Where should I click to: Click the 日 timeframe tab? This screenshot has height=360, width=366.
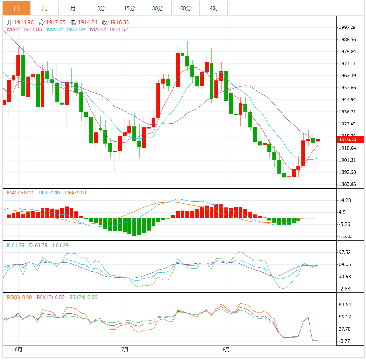(16, 8)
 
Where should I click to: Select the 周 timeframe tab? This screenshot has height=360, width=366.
(44, 8)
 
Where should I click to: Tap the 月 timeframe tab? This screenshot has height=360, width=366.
(72, 8)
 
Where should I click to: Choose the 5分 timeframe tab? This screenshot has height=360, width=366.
(101, 8)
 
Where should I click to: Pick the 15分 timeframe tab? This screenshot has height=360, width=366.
(129, 8)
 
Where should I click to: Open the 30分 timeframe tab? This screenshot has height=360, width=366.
(157, 8)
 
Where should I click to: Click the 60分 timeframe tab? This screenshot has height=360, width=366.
(185, 8)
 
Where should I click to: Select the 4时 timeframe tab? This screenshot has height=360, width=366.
(213, 8)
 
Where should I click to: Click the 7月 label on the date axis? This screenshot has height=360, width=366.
(125, 349)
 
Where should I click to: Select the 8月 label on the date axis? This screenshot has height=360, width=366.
(225, 349)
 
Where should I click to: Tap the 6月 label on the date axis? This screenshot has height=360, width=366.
(19, 349)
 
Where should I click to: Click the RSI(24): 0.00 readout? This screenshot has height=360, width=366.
(83, 297)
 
